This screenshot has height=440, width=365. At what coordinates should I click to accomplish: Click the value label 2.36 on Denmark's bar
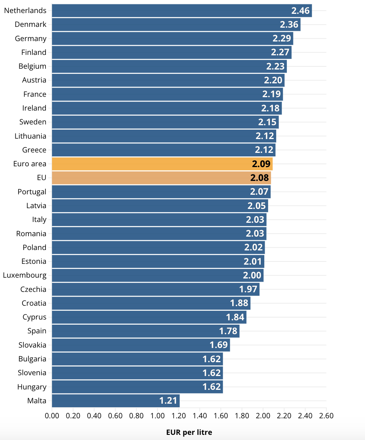coord(289,24)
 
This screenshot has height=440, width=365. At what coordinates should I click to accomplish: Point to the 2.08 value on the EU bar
coord(260,178)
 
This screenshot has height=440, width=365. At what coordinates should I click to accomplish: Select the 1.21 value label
coord(168,401)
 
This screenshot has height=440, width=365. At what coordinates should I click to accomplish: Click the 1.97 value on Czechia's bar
coord(248,289)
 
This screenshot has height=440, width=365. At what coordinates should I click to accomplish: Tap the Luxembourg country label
coord(24,275)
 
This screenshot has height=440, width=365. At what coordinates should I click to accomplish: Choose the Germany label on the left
coord(31,38)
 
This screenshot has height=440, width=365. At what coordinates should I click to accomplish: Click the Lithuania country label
coord(30,136)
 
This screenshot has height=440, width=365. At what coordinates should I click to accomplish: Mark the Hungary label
coord(32,387)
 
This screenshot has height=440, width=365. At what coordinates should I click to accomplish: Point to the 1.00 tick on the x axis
coord(157,416)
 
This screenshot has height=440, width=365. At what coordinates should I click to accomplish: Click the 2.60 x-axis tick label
coord(326,416)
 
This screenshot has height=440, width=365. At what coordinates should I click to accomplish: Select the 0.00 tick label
coord(52,416)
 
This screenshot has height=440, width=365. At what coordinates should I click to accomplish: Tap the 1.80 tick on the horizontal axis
coord(242,416)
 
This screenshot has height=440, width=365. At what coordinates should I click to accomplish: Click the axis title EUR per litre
coord(189,432)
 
